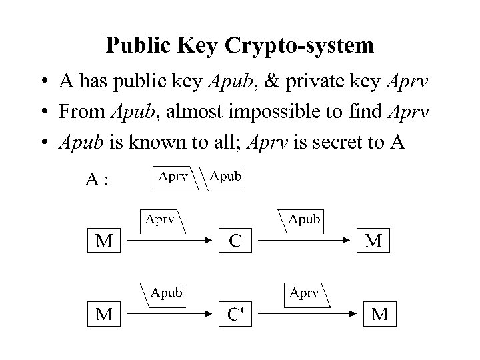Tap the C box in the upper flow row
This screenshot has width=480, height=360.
click(235, 241)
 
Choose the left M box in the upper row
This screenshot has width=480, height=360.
click(104, 241)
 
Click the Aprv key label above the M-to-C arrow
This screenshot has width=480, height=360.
click(161, 219)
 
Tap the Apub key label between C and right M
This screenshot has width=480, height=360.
click(303, 219)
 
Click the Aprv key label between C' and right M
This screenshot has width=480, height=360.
click(303, 292)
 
